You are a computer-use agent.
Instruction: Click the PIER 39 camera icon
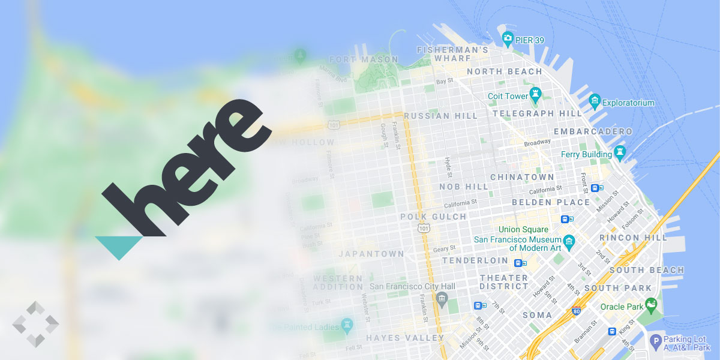(508, 40)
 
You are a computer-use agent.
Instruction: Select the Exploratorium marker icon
(595, 100)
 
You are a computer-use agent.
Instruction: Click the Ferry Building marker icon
(620, 151)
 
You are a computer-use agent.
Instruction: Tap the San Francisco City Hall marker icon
(442, 298)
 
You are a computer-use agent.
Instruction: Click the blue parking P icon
(656, 341)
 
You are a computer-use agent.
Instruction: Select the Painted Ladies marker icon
(347, 325)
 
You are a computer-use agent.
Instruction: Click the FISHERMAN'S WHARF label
(452, 54)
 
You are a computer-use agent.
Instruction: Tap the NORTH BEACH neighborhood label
(504, 71)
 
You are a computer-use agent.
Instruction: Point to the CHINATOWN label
(522, 177)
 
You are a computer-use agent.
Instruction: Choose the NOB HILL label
(464, 187)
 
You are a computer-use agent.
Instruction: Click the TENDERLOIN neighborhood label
(475, 260)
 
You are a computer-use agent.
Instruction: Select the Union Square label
(523, 229)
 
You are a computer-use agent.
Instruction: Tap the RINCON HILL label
(633, 238)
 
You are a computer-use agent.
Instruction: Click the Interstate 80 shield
(576, 311)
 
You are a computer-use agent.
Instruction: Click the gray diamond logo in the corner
(35, 324)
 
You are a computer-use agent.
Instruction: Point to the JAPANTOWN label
(371, 254)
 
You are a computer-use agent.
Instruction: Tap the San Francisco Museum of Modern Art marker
(569, 242)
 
